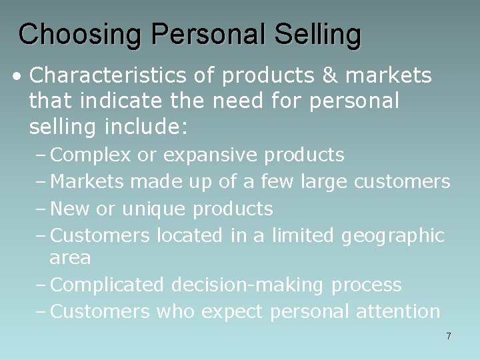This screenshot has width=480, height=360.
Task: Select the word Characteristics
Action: point(110,76)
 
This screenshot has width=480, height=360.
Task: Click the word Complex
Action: point(91,155)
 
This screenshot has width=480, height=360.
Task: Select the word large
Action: point(322,181)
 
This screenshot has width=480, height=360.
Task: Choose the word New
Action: point(71,209)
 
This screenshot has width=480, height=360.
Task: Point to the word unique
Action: point(154,209)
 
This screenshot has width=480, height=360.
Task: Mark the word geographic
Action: point(393,236)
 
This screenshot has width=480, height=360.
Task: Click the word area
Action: point(70,258)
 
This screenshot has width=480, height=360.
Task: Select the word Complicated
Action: point(107,285)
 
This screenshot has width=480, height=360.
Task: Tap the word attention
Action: point(399,311)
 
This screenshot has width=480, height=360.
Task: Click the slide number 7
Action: point(449,336)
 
